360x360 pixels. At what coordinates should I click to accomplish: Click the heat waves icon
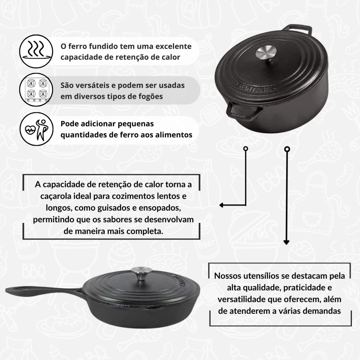tap(36, 51)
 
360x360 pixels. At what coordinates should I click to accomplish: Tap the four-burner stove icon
tap(36, 90)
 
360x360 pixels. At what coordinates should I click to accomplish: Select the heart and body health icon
tap(36, 129)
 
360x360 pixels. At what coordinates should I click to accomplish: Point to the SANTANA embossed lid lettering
tap(255, 88)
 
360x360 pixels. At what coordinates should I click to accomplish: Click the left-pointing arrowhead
tap(221, 205)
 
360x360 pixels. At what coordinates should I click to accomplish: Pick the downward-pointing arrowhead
tap(286, 243)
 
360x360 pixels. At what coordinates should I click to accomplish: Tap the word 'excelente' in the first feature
tap(173, 46)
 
